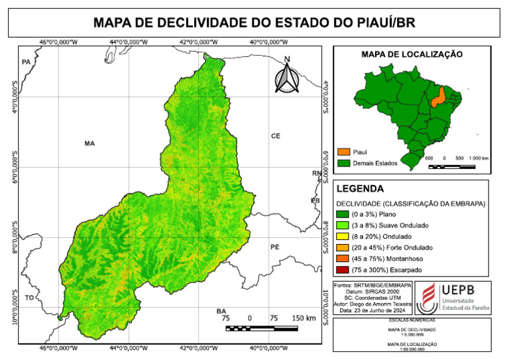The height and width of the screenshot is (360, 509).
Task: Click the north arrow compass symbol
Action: click(x=287, y=76)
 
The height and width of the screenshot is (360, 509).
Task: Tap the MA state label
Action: click(x=90, y=143)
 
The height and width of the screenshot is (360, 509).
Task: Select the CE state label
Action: click(x=276, y=136)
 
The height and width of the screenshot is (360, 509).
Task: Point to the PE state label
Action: click(x=276, y=247)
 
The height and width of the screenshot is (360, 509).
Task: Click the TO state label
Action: click(x=29, y=298)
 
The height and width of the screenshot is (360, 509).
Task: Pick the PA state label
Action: click(x=27, y=62)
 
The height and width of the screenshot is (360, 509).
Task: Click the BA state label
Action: click(x=221, y=311)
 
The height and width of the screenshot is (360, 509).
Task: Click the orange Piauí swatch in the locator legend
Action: click(x=343, y=151)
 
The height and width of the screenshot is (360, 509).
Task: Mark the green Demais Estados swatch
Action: click(x=343, y=162)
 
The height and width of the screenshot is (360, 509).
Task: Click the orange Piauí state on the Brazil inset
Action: click(x=438, y=98)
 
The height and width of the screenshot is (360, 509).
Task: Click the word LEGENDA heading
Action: click(x=361, y=188)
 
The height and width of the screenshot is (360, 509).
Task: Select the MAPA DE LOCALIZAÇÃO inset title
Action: click(x=411, y=54)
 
